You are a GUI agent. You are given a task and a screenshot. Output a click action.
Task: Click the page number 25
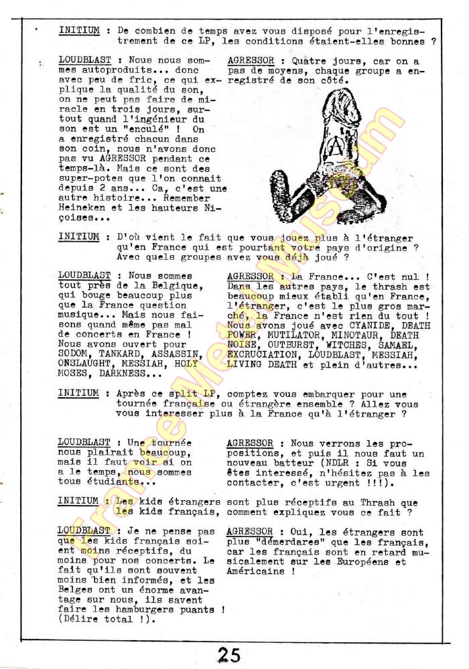coord(228,654)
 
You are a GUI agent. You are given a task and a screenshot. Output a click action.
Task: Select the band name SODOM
coord(73,354)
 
